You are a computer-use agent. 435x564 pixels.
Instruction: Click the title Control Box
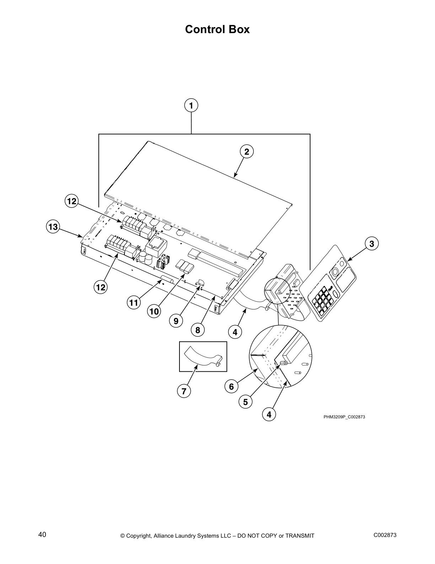[x=217, y=29]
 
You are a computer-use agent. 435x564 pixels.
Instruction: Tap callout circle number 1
[x=191, y=106]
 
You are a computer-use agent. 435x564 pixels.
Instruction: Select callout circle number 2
[x=247, y=152]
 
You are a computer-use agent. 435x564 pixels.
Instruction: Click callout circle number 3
[x=371, y=244]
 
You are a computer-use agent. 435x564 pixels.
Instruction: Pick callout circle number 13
[x=53, y=227]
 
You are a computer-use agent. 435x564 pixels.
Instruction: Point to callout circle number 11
[x=133, y=303]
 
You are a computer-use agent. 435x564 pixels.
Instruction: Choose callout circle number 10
[x=154, y=312]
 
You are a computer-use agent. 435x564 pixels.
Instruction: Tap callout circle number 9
[x=176, y=321]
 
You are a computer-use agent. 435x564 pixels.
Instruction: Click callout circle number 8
[x=198, y=330]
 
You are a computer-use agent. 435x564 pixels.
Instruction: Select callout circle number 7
[x=184, y=391]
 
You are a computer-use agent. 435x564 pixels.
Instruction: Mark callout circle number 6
[x=231, y=386]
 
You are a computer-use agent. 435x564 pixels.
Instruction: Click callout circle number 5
[x=246, y=402]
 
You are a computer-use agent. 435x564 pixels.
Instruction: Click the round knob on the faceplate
[x=334, y=272]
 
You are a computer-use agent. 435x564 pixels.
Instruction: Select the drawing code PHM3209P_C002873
[x=344, y=417]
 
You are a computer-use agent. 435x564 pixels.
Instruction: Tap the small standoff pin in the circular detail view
[x=284, y=363]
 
